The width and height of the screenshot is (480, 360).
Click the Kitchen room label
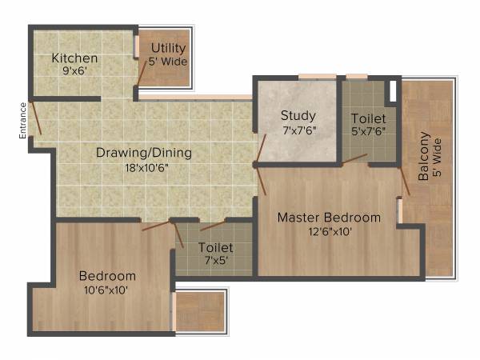pos(74,58)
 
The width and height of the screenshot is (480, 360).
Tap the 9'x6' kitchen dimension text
pos(74,70)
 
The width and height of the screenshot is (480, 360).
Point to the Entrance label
pos(23,120)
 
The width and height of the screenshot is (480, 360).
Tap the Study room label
pos(298,115)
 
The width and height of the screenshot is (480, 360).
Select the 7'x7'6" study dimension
pos(298,130)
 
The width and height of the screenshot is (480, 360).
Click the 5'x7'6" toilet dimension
pos(369,131)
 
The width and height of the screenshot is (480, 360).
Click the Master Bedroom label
pos(329,218)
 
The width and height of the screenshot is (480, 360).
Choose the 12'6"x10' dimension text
pos(329,231)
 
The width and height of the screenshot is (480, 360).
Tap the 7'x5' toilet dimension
pos(215,262)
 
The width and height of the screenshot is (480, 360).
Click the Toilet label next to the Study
pos(369,118)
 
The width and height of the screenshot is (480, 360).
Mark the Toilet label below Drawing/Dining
pos(215,248)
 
